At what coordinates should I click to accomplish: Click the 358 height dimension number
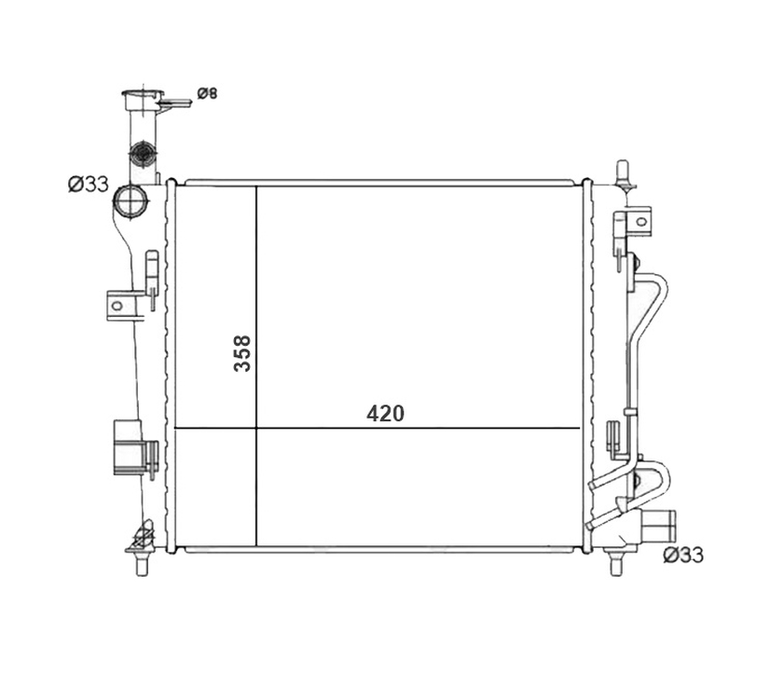pyautogui.click(x=242, y=353)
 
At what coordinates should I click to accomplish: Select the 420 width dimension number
pyautogui.click(x=385, y=413)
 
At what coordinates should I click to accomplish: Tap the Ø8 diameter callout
pyautogui.click(x=207, y=93)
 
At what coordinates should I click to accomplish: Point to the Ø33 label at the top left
pyautogui.click(x=88, y=185)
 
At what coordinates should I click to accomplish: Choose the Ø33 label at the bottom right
pyautogui.click(x=683, y=555)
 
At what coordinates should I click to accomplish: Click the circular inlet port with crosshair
pyautogui.click(x=130, y=200)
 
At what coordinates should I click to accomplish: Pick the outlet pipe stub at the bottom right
pyautogui.click(x=658, y=523)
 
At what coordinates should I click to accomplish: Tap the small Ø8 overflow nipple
pyautogui.click(x=174, y=103)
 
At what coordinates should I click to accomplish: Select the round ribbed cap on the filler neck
pyautogui.click(x=143, y=153)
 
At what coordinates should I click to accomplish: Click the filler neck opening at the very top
pyautogui.click(x=143, y=94)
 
